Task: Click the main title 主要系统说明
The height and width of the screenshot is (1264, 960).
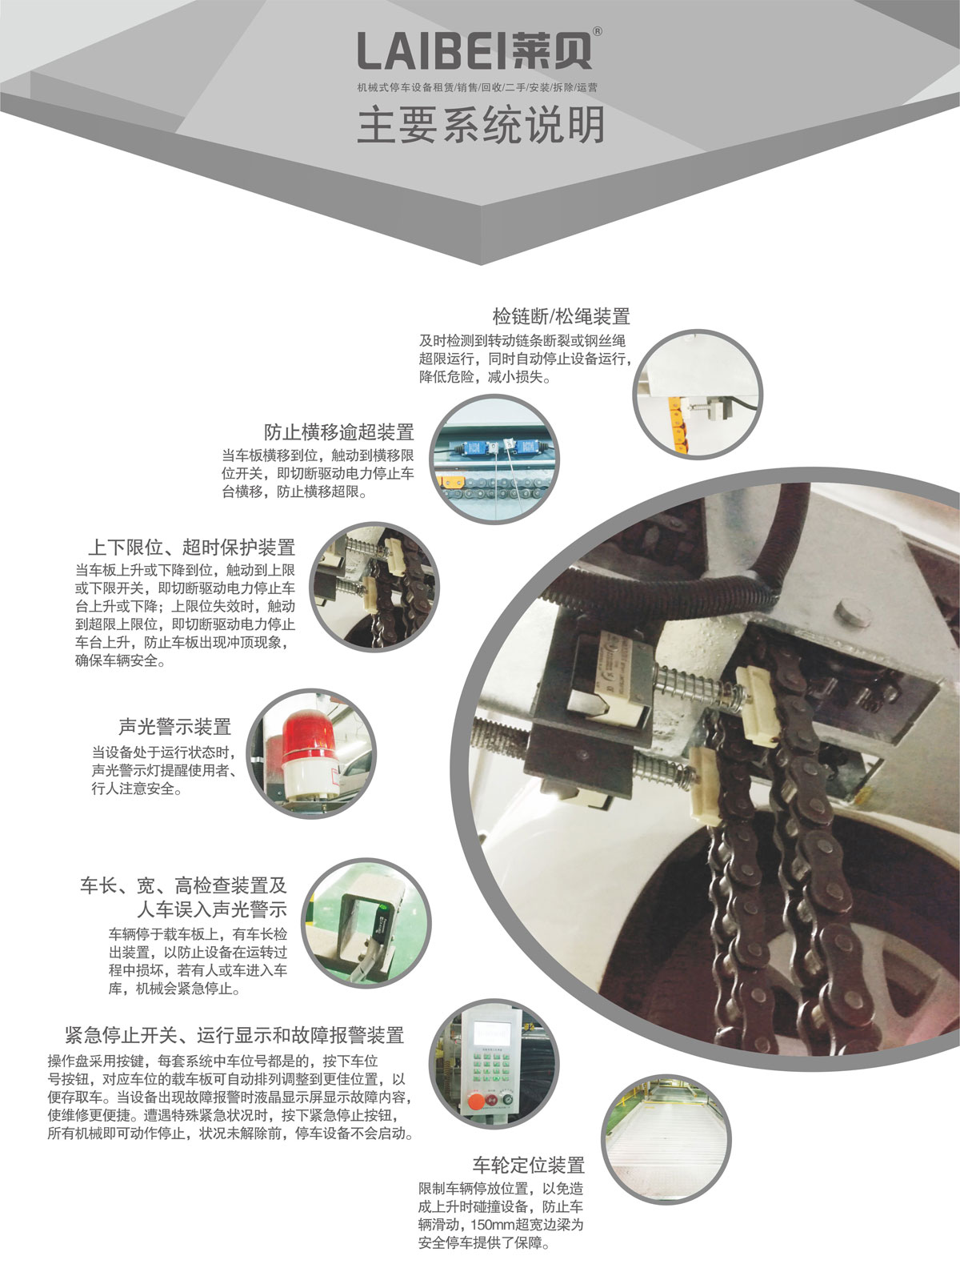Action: tap(480, 125)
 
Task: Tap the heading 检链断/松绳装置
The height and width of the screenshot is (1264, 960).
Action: tap(561, 315)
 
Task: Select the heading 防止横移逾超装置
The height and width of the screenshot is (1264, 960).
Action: tap(339, 432)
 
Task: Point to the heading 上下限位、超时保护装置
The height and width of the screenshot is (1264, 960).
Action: tap(191, 548)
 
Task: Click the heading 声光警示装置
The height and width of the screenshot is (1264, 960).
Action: tap(174, 727)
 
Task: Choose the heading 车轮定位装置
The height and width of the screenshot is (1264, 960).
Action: tap(528, 1165)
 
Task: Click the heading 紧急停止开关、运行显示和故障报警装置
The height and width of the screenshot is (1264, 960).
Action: tap(234, 1035)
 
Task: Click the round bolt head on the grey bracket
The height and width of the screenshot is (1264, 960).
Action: tap(851, 614)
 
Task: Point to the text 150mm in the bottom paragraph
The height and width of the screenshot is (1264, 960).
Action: tap(487, 1226)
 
